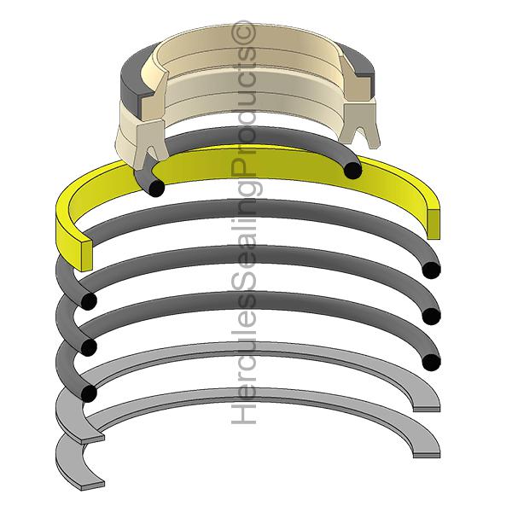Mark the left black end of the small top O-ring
click(154, 187)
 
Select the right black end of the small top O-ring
click(352, 171)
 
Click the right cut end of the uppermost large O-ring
click(432, 271)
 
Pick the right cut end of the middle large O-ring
click(432, 317)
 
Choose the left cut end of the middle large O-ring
click(86, 346)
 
